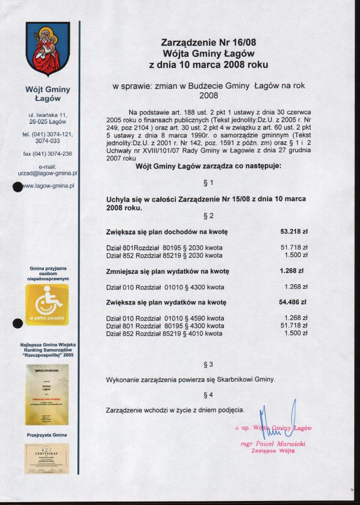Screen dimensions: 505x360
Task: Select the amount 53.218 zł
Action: [x=294, y=232]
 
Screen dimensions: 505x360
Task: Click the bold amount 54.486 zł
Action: [x=293, y=302]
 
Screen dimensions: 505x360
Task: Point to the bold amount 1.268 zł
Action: [x=291, y=270]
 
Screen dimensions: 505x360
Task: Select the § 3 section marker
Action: [x=209, y=364]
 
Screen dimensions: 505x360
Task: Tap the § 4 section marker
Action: [x=209, y=395]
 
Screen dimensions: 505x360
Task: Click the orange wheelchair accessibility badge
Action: [x=47, y=305]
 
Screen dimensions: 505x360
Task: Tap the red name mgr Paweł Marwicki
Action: [x=273, y=444]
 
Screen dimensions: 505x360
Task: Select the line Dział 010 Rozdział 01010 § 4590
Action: [x=165, y=318]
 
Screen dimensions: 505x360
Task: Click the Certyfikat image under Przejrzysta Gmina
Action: [x=47, y=458]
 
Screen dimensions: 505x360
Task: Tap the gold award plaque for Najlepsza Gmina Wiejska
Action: [x=47, y=394]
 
